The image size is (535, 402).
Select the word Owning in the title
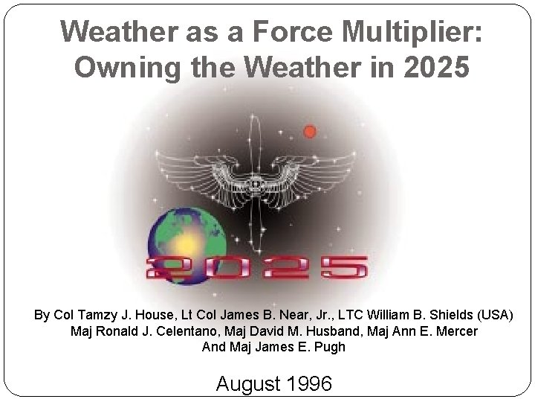(127, 68)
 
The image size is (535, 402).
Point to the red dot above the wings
(309, 131)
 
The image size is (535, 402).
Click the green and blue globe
(187, 246)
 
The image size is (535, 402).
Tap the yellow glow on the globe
(186, 243)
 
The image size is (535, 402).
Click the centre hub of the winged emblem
(255, 185)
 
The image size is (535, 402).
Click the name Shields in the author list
(451, 315)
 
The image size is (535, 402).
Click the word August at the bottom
(248, 384)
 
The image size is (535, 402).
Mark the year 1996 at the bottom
(309, 383)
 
